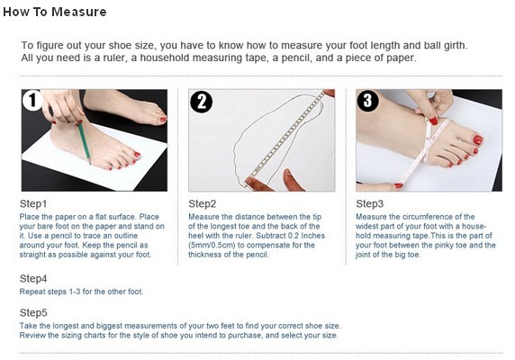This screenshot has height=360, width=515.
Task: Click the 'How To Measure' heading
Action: [55, 12]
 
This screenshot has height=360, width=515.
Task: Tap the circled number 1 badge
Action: [32, 100]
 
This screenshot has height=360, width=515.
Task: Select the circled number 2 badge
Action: [202, 102]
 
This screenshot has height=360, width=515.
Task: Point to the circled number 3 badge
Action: [368, 101]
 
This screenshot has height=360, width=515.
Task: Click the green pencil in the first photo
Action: [84, 142]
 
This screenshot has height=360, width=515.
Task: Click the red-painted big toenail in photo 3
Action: [478, 140]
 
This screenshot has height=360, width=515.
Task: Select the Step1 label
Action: [33, 203]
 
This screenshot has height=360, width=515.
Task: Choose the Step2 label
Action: [203, 203]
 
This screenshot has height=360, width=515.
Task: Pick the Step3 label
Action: [369, 203]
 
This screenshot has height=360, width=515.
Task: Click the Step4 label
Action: [33, 279]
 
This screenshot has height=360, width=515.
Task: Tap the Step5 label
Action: [33, 312]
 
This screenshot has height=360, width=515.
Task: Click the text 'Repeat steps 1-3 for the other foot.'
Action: [81, 292]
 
